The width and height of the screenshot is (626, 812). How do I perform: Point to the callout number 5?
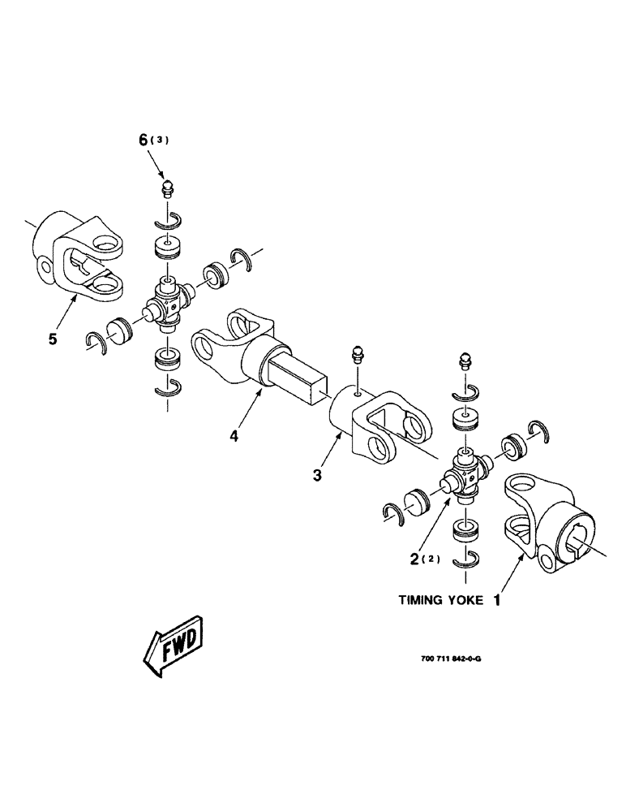click(x=53, y=339)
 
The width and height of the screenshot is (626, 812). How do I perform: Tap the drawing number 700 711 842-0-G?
click(x=452, y=659)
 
